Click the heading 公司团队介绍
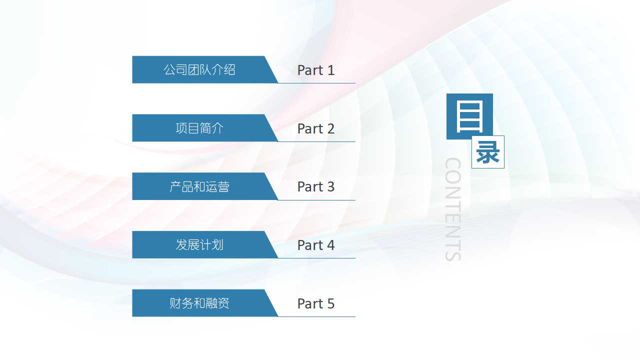[199, 70]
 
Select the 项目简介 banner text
[199, 128]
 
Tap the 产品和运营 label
[199, 187]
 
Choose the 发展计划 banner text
[199, 245]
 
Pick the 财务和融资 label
[199, 303]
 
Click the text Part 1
[315, 70]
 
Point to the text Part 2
[315, 129]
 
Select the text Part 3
[315, 187]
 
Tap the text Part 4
[315, 245]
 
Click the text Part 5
[315, 304]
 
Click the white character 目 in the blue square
[469, 116]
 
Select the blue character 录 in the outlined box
[487, 152]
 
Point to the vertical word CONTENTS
[453, 209]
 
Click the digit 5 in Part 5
[330, 304]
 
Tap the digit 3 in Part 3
[330, 187]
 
